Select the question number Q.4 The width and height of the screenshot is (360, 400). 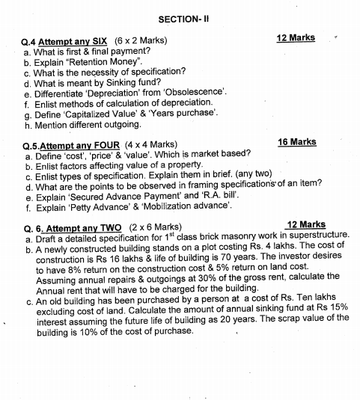click(x=31, y=40)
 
